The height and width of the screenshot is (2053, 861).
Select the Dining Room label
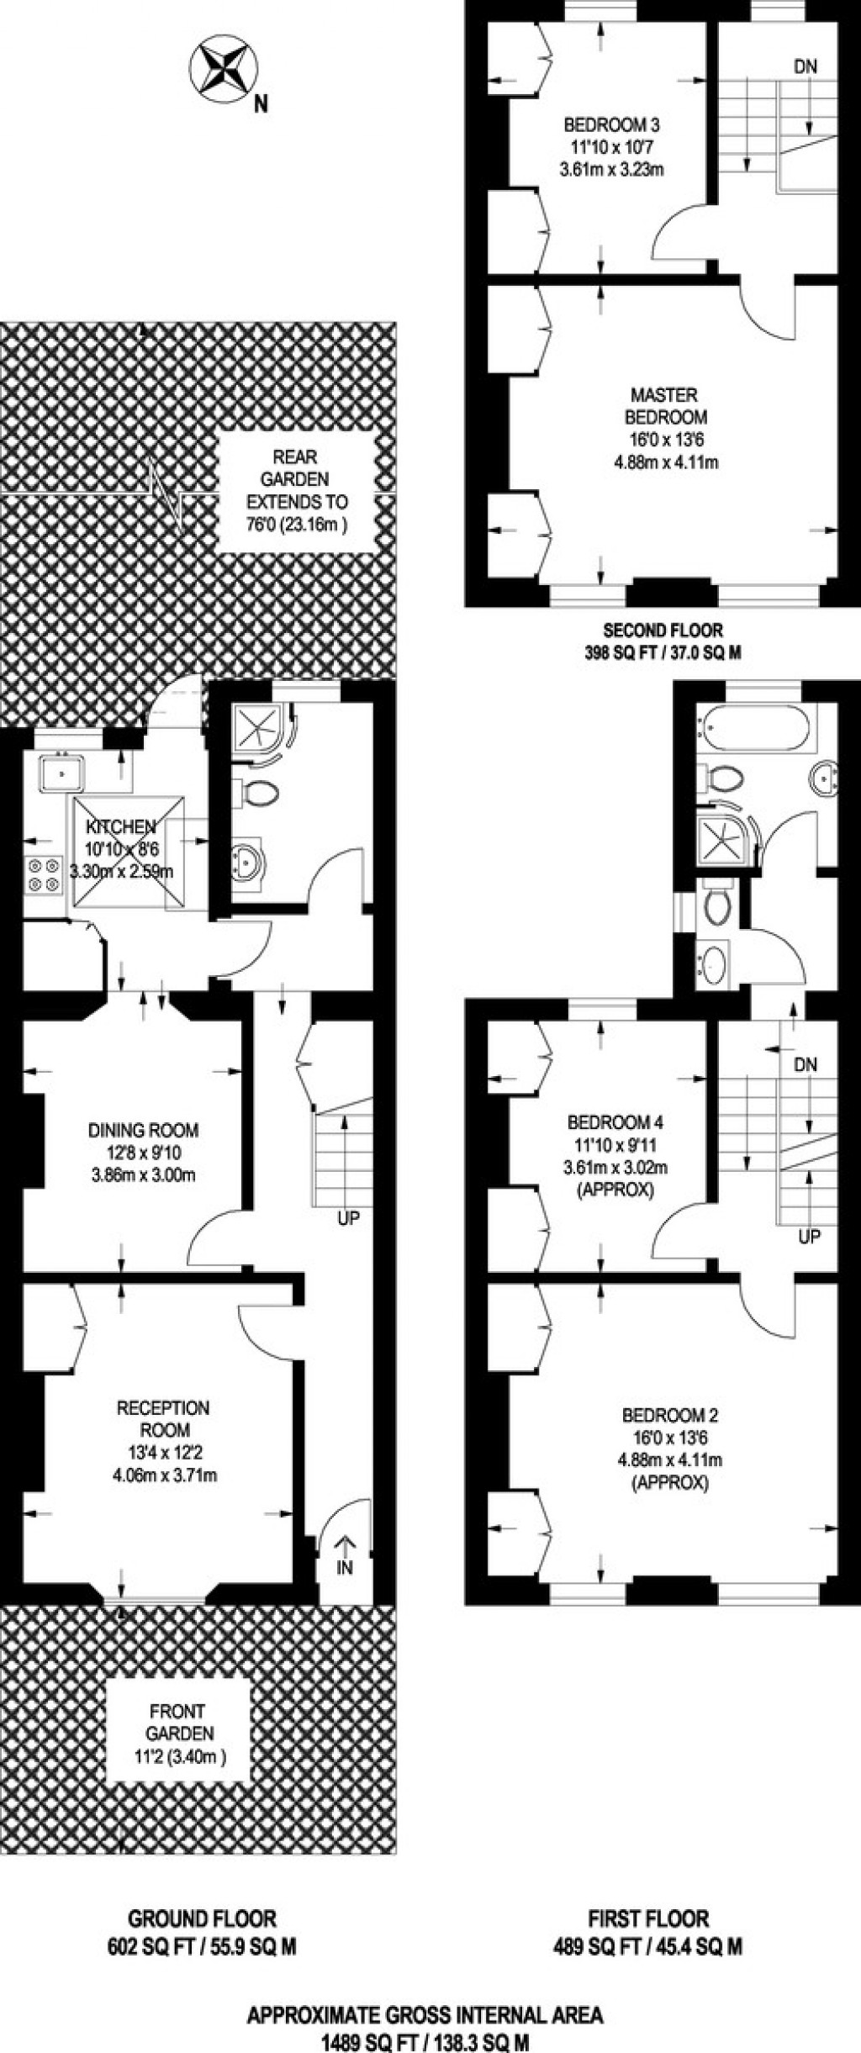(143, 1131)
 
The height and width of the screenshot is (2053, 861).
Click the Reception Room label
(163, 1418)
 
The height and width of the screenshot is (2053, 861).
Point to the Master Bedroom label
(664, 405)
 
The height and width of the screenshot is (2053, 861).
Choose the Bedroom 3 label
(611, 125)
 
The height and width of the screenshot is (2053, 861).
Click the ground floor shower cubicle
(259, 731)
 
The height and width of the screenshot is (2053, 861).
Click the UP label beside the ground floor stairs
(347, 1217)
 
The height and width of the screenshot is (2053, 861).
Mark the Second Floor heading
(663, 629)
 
